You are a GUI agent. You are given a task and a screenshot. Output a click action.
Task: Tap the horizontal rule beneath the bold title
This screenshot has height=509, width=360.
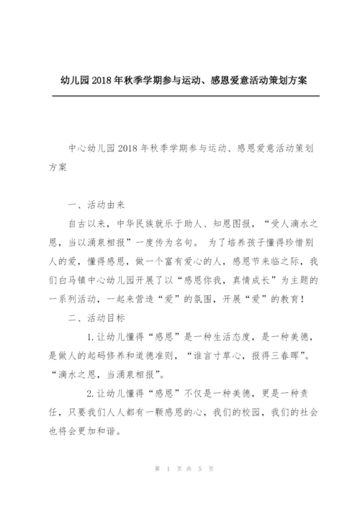[x=179, y=96]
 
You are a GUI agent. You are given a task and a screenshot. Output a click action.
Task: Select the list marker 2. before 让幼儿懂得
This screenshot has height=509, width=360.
[x=91, y=393]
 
